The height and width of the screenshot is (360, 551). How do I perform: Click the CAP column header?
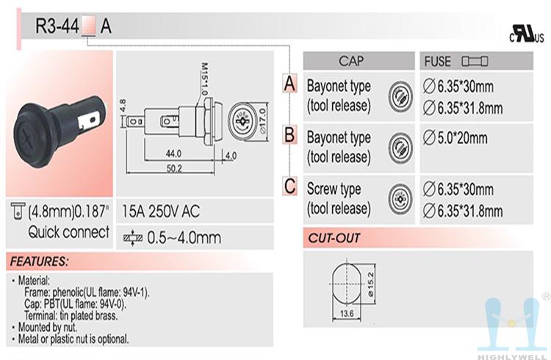point(350,62)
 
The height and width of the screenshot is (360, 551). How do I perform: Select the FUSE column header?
point(438,62)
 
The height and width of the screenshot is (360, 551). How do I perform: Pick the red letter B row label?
point(290,135)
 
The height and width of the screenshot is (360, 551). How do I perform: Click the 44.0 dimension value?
point(173,154)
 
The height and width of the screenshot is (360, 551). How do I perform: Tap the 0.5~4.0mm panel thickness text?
point(184,237)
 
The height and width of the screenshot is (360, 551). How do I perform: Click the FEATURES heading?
point(40,261)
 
